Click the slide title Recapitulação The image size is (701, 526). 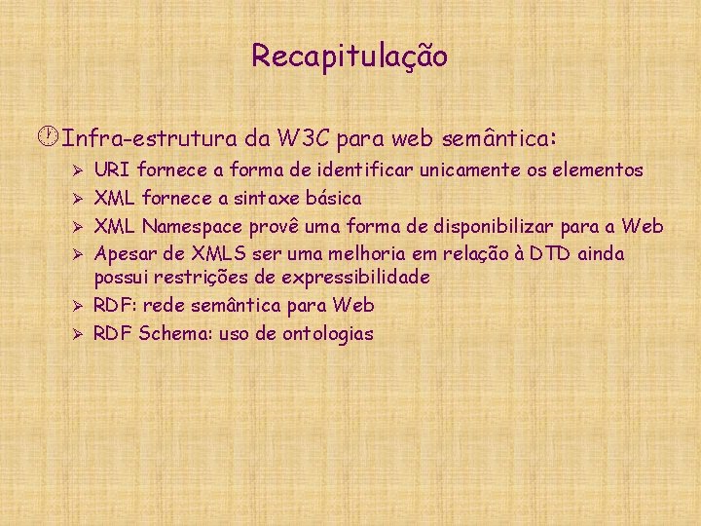click(350, 56)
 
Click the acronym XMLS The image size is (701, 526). click(220, 254)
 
